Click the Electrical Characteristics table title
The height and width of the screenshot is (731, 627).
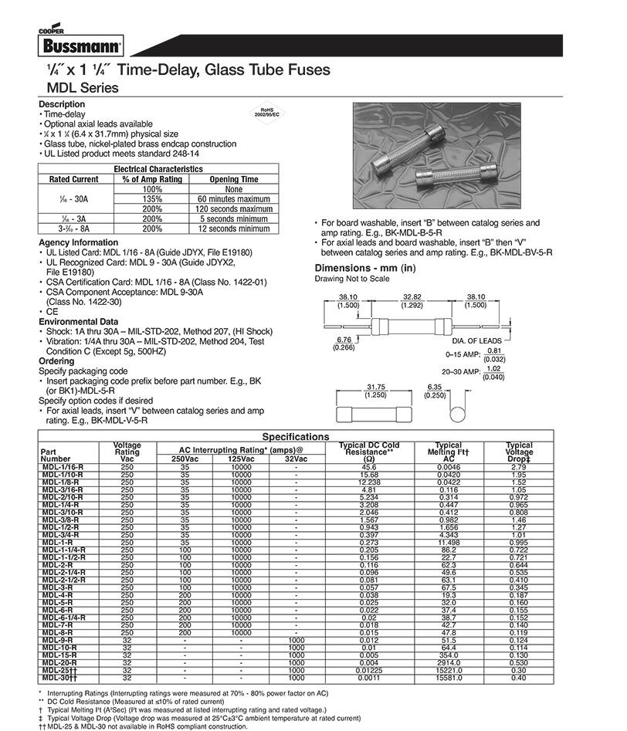158,168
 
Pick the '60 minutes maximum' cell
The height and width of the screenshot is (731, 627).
234,198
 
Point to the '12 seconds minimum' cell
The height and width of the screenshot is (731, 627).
234,228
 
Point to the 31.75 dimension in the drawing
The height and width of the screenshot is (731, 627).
376,387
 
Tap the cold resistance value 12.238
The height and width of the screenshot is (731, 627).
368,482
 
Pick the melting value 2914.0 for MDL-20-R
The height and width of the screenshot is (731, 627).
449,663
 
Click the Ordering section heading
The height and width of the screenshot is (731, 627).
56,360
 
